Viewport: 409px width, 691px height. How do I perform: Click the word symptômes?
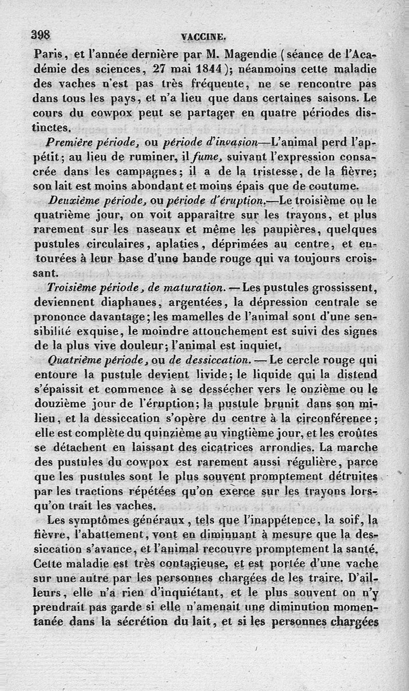94,521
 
